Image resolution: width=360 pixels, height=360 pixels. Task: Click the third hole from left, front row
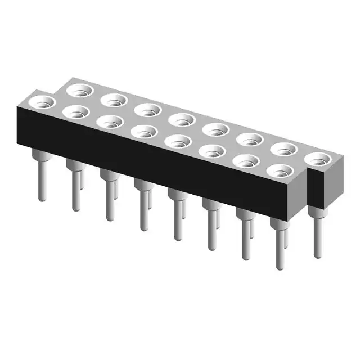pyautogui.click(x=110, y=121)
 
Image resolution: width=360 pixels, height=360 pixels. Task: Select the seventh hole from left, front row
pyautogui.click(x=246, y=160)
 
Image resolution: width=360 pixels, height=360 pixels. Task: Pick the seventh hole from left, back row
pyautogui.click(x=285, y=148)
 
